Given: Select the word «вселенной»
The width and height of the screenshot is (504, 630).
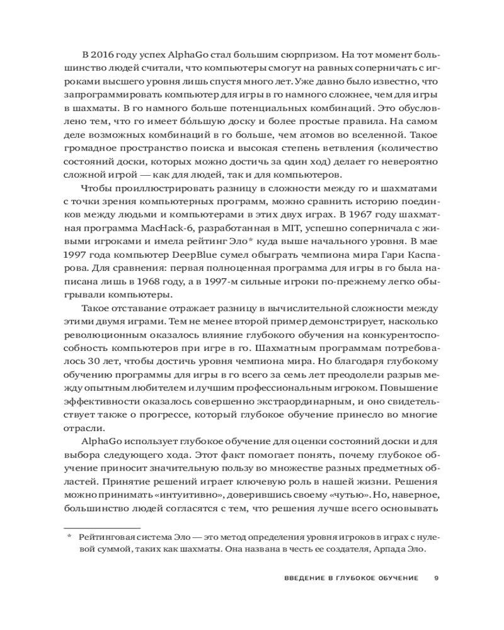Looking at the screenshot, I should (x=381, y=135).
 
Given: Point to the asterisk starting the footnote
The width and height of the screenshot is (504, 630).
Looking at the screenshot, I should (x=70, y=537).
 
